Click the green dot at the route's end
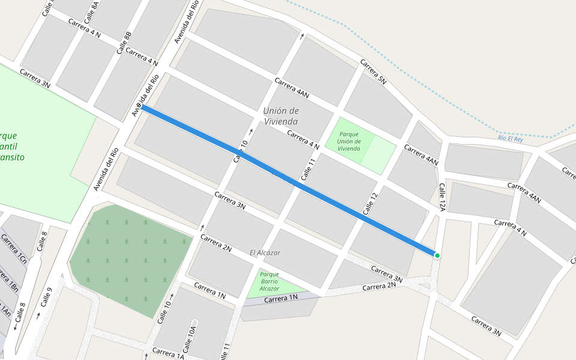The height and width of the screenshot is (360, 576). coord(437,256)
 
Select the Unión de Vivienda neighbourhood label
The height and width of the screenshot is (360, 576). coord(281,116)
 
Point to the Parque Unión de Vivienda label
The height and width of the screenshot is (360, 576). coord(349,141)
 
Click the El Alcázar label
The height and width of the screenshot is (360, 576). coord(265,253)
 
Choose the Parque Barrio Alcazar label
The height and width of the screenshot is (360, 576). coord(269,281)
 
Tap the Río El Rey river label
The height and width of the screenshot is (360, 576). coord(511,138)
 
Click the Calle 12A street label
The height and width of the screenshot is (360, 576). coord(442,197)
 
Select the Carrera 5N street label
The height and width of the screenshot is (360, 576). coord(373,71)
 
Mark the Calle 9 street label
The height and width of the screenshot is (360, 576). coord(44,298)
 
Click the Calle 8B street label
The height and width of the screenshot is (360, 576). coord(124,44)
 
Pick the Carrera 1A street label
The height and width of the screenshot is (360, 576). coord(168,353)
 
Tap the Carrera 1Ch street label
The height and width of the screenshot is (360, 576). coord(13,249)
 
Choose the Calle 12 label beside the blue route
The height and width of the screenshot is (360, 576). coord(371,205)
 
